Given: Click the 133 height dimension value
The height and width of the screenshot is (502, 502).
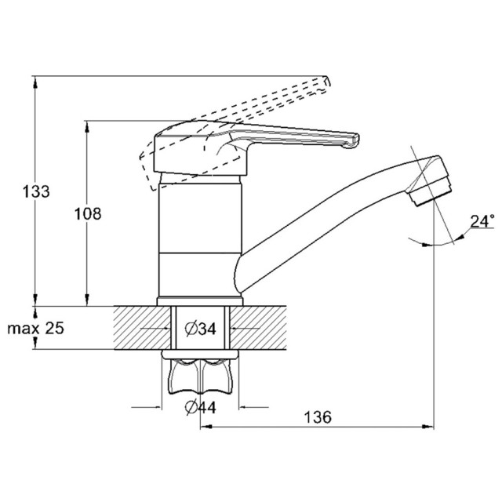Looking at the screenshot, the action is point(36,191).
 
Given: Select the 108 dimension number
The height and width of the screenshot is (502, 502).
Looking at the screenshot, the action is point(88,213).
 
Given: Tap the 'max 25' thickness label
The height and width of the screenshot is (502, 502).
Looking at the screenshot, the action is point(35,328).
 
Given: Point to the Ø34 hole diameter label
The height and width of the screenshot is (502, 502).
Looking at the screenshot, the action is point(201,329).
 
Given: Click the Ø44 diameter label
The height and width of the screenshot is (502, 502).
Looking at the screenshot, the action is point(201,407).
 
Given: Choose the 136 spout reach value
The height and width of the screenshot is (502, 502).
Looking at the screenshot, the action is point(318,417).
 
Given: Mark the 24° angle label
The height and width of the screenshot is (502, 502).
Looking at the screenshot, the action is point(482,221).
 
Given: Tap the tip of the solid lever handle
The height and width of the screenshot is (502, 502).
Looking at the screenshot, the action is point(355,141).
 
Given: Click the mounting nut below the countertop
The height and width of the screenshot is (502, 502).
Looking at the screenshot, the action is point(200,373).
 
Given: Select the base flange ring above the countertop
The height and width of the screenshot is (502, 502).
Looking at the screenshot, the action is point(200,301).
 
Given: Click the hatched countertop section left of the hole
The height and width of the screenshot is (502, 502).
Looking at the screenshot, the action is point(142,328).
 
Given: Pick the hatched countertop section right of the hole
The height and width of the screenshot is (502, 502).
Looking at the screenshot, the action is point(258,328).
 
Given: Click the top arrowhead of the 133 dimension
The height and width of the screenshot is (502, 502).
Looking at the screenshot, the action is point(35,82).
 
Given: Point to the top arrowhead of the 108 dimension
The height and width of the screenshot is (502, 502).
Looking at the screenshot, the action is point(87,127).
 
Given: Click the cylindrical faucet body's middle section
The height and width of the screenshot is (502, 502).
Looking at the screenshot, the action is point(201,219).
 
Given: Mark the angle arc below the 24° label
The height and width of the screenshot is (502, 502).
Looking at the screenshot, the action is point(436,244).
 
